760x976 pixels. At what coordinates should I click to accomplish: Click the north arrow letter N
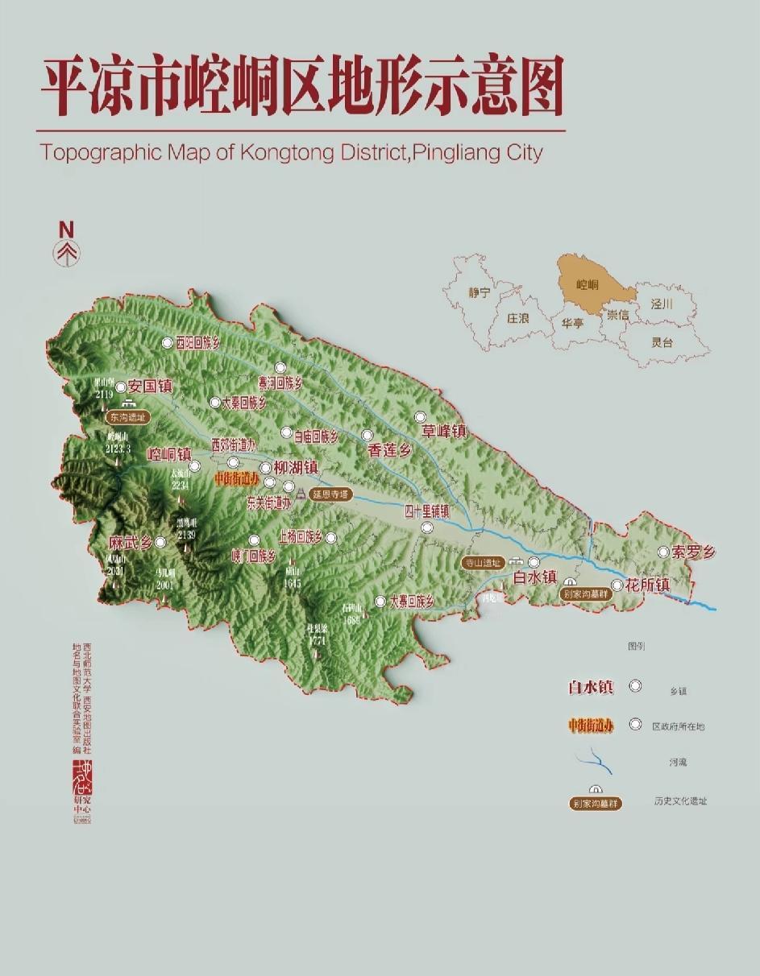pyautogui.click(x=66, y=230)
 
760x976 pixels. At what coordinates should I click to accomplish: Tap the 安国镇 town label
pyautogui.click(x=151, y=387)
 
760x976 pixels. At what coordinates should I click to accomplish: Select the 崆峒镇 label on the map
pyautogui.click(x=168, y=454)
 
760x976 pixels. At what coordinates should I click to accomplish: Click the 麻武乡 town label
pyautogui.click(x=131, y=543)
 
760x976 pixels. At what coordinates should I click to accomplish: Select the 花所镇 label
pyautogui.click(x=647, y=585)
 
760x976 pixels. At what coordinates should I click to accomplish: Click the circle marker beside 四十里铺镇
pyautogui.click(x=427, y=527)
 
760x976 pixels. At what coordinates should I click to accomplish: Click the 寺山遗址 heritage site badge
pyautogui.click(x=484, y=563)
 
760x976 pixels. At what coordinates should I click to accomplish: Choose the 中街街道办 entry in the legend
pyautogui.click(x=591, y=726)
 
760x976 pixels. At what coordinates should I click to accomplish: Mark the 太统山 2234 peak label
pyautogui.click(x=180, y=478)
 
